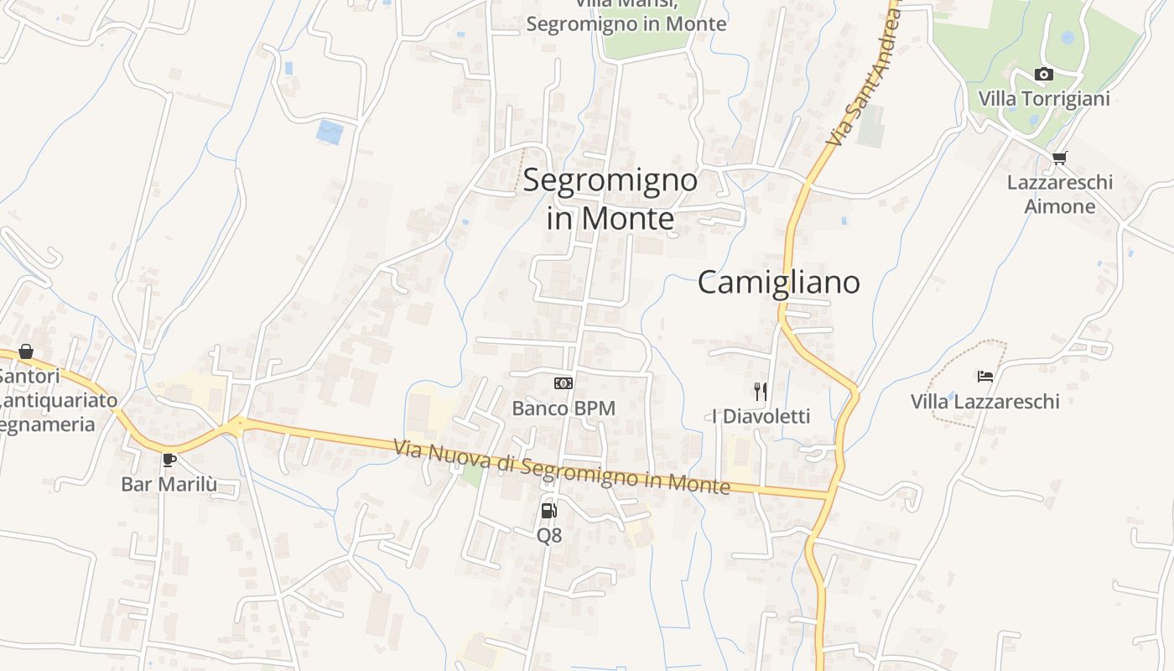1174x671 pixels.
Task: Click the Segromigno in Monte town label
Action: (610, 199)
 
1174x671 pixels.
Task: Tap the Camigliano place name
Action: (778, 283)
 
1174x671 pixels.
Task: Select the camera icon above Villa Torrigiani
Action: (1044, 75)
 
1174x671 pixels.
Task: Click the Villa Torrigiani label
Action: (1044, 99)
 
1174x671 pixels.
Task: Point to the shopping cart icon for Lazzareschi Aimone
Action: (1060, 158)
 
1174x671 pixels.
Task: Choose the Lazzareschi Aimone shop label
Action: (1060, 194)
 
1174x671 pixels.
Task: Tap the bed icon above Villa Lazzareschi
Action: (985, 377)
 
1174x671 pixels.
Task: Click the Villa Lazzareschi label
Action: (985, 402)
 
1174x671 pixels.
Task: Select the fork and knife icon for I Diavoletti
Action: (761, 391)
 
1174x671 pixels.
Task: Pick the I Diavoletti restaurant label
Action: (761, 416)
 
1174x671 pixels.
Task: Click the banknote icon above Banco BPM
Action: (564, 383)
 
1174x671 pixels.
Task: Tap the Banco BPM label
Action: (564, 408)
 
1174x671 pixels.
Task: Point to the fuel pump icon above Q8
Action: (548, 510)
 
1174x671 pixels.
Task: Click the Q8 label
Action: (549, 534)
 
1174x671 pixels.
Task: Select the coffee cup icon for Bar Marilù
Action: (169, 460)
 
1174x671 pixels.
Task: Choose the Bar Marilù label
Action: (169, 484)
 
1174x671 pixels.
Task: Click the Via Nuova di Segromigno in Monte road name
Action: (562, 467)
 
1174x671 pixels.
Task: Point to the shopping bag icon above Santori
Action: (26, 351)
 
